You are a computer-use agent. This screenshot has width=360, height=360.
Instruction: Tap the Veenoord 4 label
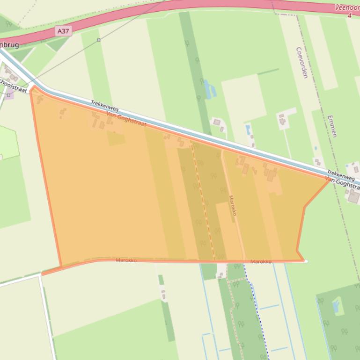coord(347,11)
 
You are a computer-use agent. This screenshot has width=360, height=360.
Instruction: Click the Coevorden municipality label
coord(302,62)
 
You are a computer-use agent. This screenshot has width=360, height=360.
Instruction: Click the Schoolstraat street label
coord(14,86)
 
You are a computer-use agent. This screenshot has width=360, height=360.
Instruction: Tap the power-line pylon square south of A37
coord(98,40)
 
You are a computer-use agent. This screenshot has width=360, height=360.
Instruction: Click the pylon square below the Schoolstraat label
coord(8,95)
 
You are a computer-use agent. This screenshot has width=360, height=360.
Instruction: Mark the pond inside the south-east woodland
coord(336,307)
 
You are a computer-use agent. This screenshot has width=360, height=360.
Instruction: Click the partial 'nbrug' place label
coord(9,45)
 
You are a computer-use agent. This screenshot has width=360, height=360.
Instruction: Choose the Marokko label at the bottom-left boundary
coord(126,260)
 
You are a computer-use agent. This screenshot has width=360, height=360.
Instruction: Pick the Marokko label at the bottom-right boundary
coord(261,261)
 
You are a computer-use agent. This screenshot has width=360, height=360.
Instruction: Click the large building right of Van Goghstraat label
coord(353,197)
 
